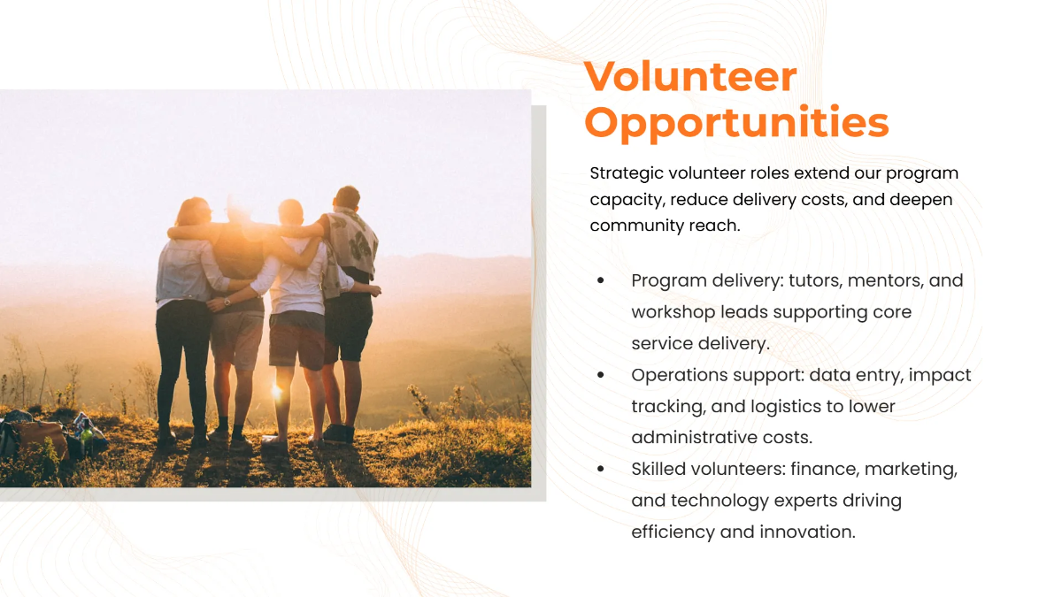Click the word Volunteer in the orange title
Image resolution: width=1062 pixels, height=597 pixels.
[x=690, y=77]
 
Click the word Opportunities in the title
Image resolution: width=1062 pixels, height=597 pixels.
[x=736, y=122]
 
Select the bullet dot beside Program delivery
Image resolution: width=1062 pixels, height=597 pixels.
[x=602, y=280]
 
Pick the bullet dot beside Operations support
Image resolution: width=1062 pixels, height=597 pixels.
[x=602, y=375]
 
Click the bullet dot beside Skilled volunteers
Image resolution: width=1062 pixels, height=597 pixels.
[x=602, y=469]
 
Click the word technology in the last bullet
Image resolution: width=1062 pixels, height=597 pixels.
[x=719, y=501]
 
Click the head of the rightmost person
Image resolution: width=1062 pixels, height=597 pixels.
[x=347, y=198]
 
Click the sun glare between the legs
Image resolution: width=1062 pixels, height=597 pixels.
[x=276, y=389]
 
